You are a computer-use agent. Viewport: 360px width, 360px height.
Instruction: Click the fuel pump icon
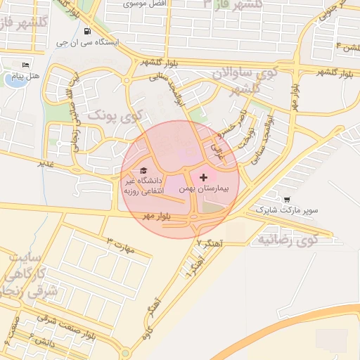[86, 31]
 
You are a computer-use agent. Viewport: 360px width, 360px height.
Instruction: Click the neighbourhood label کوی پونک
[116, 112]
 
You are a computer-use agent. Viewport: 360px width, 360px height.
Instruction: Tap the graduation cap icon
[144, 171]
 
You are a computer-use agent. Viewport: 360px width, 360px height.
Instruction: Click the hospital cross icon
[204, 178]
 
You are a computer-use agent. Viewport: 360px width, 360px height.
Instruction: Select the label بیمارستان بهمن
[205, 190]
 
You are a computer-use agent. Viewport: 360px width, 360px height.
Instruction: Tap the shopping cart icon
[286, 199]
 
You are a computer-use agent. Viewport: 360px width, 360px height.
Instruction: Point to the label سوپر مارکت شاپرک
[287, 210]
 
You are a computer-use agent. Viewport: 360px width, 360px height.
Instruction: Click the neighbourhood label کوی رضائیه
[288, 240]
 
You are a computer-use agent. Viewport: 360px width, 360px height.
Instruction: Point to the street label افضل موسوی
[143, 4]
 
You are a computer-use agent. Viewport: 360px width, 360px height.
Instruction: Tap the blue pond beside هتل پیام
[13, 79]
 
